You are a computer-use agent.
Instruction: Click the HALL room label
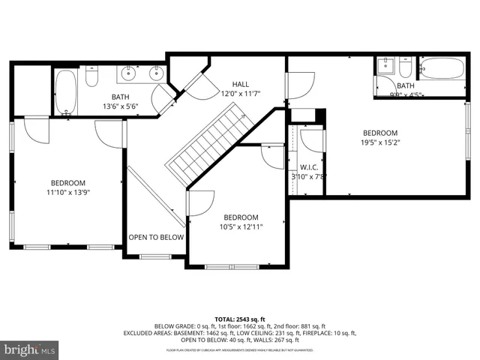[x=240, y=85]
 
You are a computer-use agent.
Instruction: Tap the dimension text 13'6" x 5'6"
[x=120, y=106]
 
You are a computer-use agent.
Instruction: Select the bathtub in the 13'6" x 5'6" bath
[x=65, y=92]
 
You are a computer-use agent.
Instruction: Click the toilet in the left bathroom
[x=91, y=76]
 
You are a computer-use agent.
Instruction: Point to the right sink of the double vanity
[x=156, y=73]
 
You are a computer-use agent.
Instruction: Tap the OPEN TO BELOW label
[x=156, y=237]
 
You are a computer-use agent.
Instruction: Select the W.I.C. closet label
[x=309, y=167]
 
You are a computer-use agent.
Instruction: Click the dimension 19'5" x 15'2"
[x=380, y=142]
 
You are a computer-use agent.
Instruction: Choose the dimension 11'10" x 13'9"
[x=68, y=192]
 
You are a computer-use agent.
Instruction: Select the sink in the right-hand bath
[x=384, y=66]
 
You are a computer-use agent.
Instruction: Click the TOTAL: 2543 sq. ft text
[x=240, y=319]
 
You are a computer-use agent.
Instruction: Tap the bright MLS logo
[x=30, y=349]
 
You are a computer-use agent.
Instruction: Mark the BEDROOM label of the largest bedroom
[x=380, y=133]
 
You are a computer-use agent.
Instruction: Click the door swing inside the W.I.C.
[x=310, y=142]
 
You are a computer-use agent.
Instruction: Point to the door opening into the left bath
[x=162, y=97]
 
